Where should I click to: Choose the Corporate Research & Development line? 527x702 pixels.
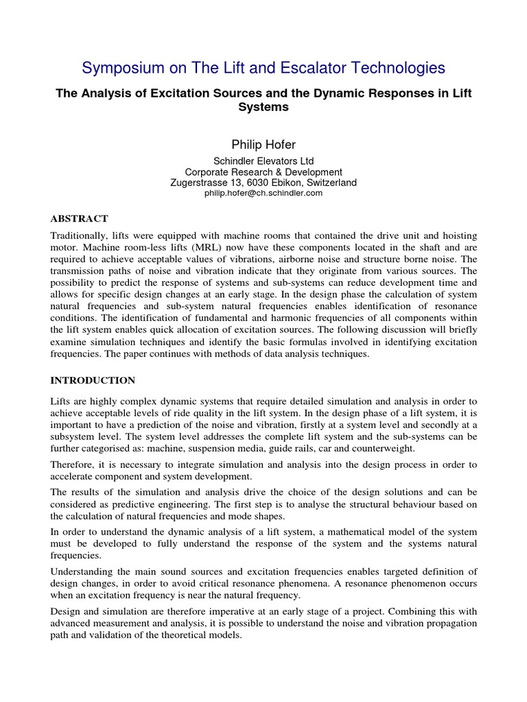pos(263,172)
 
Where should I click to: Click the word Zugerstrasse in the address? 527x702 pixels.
pos(200,183)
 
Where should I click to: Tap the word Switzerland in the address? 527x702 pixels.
pos(329,183)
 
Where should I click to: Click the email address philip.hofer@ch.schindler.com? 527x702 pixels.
pos(263,193)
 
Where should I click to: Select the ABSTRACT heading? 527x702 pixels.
pos(80,219)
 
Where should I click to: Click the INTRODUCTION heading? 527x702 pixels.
pos(93,380)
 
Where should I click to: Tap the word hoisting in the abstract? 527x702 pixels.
pos(456,236)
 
